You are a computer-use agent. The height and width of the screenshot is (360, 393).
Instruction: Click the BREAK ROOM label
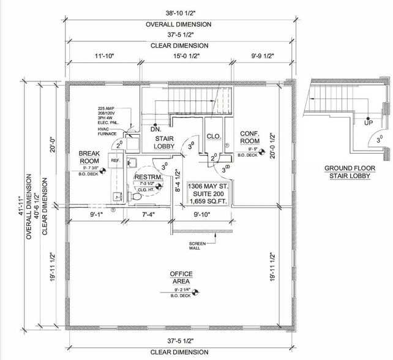[89, 157]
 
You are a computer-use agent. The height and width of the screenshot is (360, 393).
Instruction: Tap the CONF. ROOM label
[250, 137]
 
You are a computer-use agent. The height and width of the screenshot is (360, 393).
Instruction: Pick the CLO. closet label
[214, 136]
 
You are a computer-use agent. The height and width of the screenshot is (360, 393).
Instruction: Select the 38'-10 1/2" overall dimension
[178, 13]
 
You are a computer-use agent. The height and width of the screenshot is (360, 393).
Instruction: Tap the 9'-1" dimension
[97, 214]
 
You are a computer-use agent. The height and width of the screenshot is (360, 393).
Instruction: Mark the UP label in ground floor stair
[351, 122]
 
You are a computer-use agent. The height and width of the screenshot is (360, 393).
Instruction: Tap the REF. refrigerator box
[114, 160]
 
